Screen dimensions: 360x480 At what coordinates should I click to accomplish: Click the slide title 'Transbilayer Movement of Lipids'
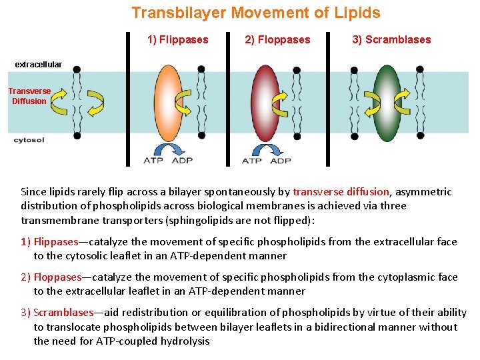[x=256, y=13]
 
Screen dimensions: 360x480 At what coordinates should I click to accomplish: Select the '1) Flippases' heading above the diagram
[x=177, y=39]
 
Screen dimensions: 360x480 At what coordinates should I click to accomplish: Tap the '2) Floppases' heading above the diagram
[x=277, y=39]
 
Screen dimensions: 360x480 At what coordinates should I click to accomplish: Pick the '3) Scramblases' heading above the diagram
[x=391, y=39]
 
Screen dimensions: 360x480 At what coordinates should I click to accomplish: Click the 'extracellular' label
[x=38, y=65]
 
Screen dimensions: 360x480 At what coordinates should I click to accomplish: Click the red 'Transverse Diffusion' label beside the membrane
[x=29, y=96]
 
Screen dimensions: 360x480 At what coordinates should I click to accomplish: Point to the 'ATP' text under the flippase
[x=153, y=161]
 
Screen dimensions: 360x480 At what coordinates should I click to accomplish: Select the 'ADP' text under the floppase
[x=281, y=161]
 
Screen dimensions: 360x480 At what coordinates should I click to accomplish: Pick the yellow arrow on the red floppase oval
[x=279, y=102]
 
